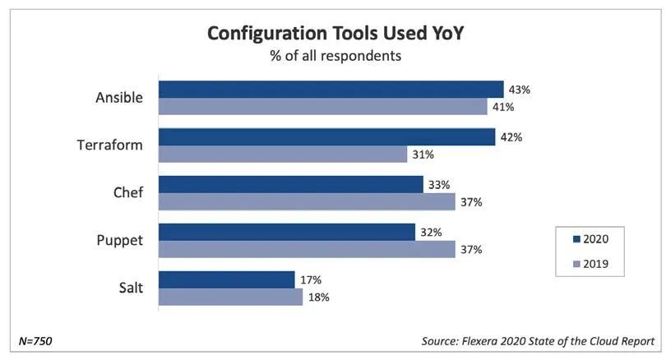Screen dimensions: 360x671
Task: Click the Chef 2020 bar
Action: tap(290, 184)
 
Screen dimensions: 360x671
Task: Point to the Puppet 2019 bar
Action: tap(306, 249)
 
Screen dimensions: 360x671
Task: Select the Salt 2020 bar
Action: tap(226, 279)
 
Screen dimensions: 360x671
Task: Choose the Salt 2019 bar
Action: tap(230, 297)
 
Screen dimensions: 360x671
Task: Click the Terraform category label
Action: tap(110, 145)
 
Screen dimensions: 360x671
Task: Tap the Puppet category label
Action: tap(120, 241)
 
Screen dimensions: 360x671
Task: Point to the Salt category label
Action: tap(129, 288)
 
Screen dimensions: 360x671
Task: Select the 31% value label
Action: tap(423, 154)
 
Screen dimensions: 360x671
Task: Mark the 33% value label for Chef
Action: tap(440, 184)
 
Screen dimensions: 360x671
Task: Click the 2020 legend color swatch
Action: tap(576, 239)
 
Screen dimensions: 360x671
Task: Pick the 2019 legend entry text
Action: tap(595, 265)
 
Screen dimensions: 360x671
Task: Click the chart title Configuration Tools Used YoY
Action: tap(335, 34)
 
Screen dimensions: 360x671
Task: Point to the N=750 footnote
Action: tap(36, 340)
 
